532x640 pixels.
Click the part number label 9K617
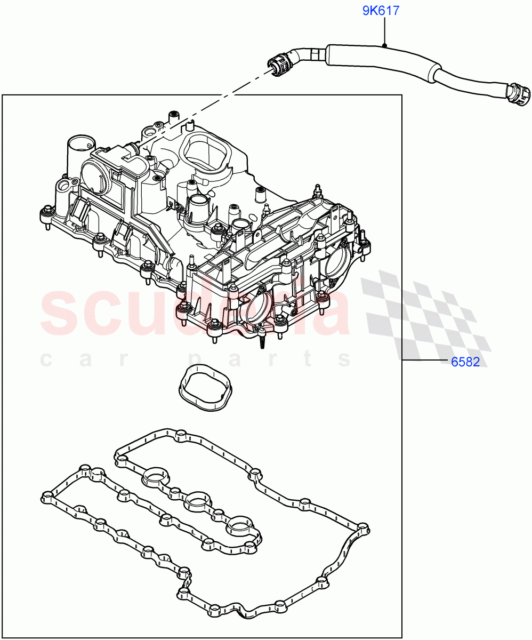click(381, 11)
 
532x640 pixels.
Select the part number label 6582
click(465, 362)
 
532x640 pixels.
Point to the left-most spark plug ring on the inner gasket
click(156, 476)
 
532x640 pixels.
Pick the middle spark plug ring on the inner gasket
click(197, 501)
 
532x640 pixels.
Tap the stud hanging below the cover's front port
click(263, 341)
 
